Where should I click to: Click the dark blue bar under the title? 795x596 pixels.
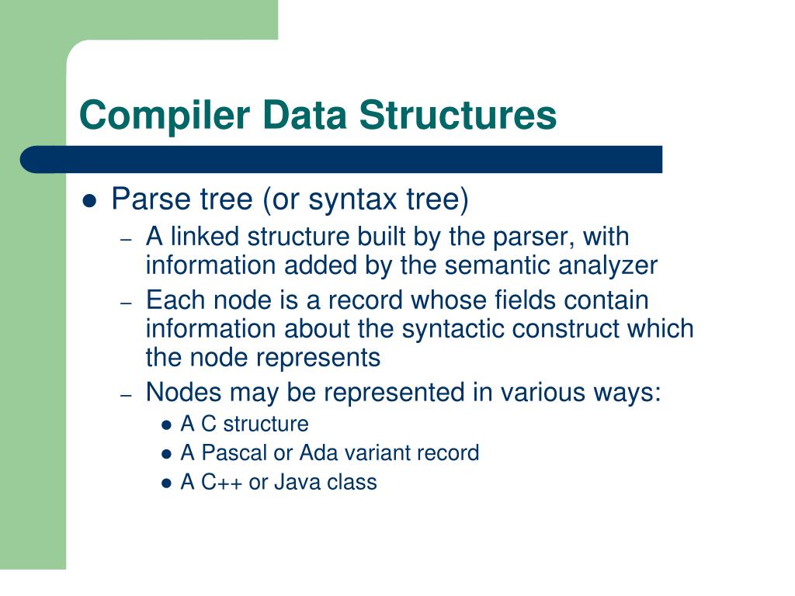(342, 159)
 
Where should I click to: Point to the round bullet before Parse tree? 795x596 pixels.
(89, 201)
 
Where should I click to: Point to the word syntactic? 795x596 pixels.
(450, 329)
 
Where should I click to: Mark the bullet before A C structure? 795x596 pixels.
(166, 425)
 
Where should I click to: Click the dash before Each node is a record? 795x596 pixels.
(128, 301)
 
